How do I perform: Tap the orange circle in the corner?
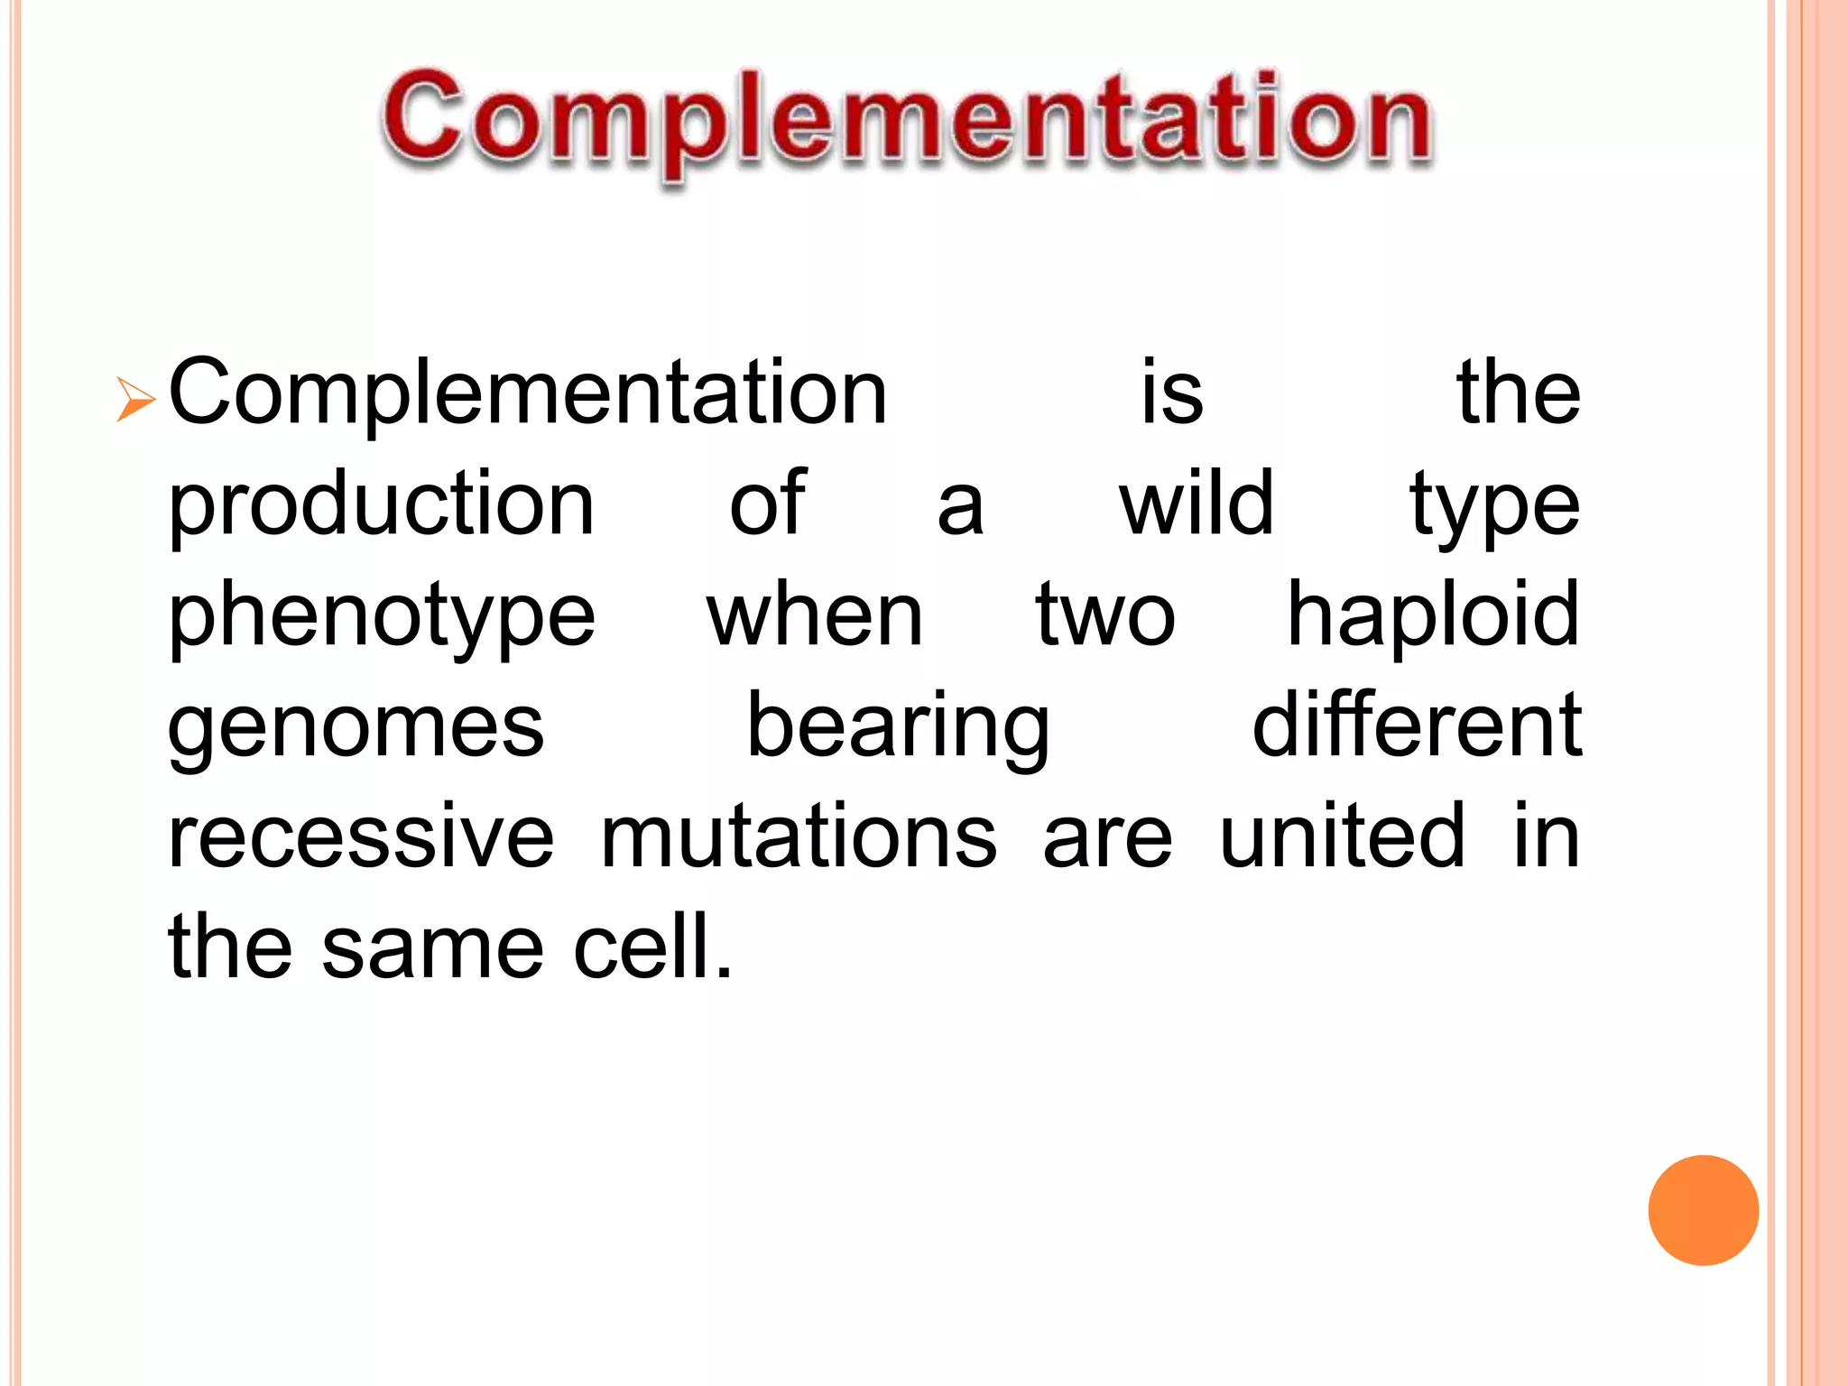coord(1703,1210)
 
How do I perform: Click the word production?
coord(381,505)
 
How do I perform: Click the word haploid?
coord(1433,616)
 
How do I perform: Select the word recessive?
coord(361,836)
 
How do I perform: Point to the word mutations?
coord(799,836)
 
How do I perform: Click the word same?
coord(433,947)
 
